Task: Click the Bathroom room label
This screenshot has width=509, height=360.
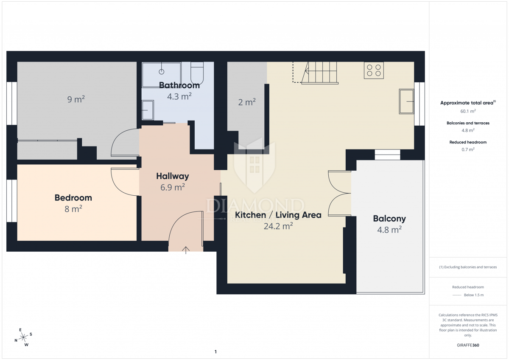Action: tap(179, 85)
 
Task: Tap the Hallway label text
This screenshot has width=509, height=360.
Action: tap(173, 176)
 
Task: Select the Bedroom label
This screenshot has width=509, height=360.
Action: tap(73, 198)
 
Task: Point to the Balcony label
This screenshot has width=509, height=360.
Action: tap(389, 219)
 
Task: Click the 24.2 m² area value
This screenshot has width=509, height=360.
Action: tap(278, 226)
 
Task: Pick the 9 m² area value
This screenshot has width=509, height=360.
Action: tap(76, 99)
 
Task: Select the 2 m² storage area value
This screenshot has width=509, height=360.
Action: tap(247, 102)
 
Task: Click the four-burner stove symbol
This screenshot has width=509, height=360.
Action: tap(374, 70)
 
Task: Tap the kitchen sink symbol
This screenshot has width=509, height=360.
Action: tap(406, 101)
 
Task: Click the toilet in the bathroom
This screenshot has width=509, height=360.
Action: tap(197, 73)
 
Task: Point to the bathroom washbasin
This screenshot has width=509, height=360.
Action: tap(148, 110)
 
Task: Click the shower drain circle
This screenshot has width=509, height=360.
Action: tap(162, 72)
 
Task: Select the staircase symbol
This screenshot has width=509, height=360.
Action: tap(316, 73)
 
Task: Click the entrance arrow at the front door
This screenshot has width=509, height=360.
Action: tap(186, 250)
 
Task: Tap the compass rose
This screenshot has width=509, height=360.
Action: tap(23, 337)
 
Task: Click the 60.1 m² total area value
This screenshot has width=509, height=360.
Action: tap(468, 111)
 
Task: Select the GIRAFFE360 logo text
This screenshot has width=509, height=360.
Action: tap(468, 345)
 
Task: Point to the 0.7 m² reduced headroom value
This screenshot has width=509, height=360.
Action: tap(468, 149)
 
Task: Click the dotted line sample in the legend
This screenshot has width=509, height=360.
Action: tap(457, 295)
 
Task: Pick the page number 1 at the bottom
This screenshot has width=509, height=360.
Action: tap(215, 352)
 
